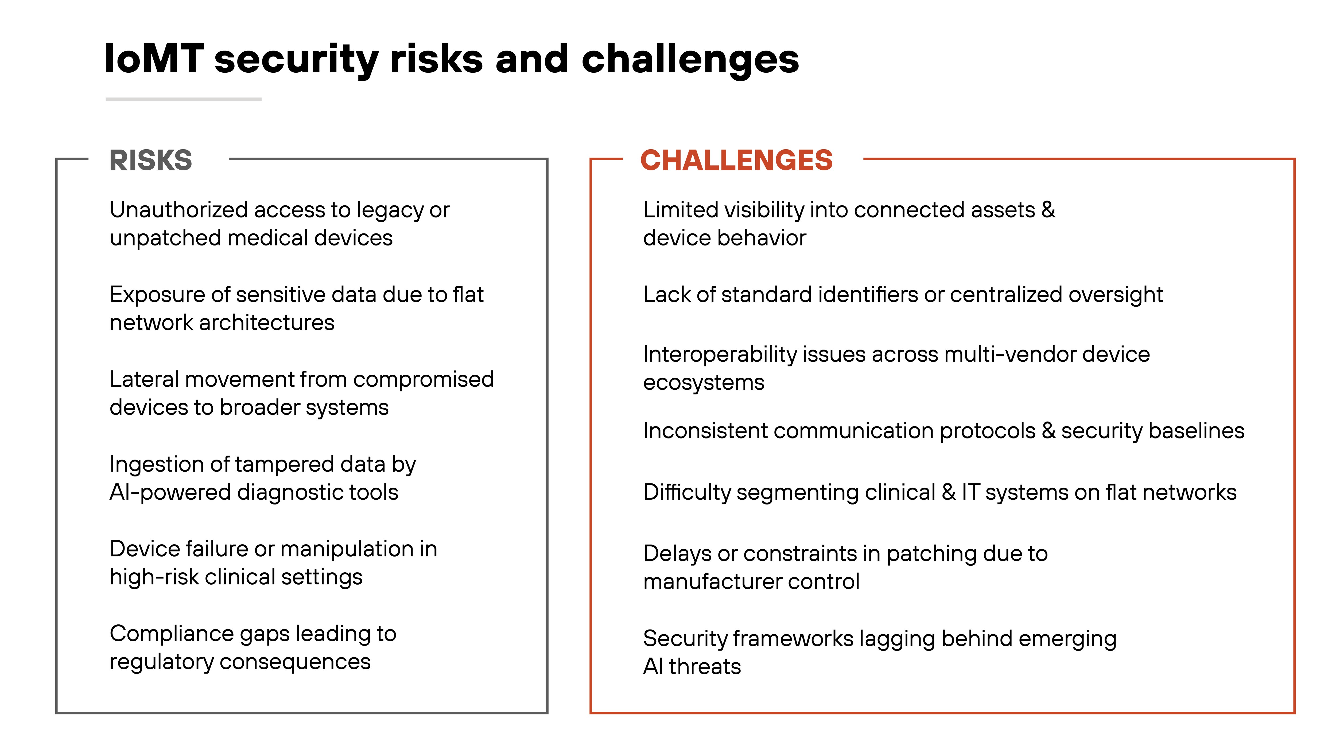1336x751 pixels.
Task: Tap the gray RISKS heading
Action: (x=150, y=160)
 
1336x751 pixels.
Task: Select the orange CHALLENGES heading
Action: (x=736, y=160)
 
